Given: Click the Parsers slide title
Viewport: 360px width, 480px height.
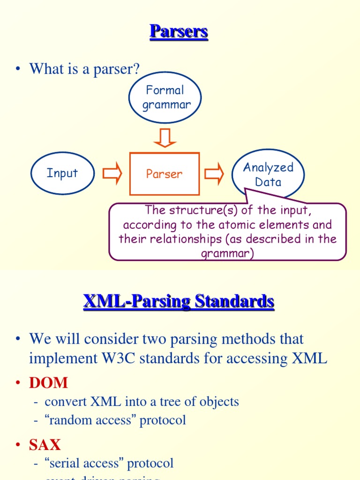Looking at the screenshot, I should tap(179, 32).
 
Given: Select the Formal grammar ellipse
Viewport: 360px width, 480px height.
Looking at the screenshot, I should tap(165, 97).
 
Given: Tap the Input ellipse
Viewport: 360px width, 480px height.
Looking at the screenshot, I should tap(62, 173).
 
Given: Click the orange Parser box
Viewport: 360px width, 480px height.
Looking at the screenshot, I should tap(164, 174).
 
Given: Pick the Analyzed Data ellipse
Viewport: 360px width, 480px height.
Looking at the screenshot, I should tap(268, 174).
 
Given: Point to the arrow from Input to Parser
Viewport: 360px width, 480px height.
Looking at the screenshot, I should tap(112, 174).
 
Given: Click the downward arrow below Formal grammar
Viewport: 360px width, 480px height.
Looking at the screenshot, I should tap(165, 138).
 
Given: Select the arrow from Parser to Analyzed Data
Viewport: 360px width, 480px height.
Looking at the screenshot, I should tap(215, 174).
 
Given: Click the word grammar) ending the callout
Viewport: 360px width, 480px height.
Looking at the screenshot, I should tap(227, 254).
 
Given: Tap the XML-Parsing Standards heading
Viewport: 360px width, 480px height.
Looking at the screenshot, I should tap(179, 301).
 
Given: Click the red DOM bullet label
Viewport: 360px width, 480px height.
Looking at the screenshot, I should tap(48, 383).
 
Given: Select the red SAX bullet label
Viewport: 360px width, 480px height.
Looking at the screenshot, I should tap(45, 444).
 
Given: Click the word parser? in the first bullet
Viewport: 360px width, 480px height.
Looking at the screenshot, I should tap(119, 69).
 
